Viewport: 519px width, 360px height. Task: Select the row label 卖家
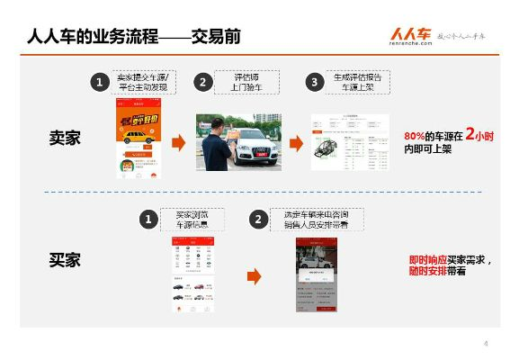(65, 139)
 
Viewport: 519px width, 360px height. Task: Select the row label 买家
(65, 260)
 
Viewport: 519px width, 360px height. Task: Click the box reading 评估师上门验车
(246, 83)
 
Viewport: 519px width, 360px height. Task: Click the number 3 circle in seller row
(314, 83)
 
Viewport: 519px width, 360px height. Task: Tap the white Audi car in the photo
(253, 144)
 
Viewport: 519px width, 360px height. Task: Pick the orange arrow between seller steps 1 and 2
(178, 142)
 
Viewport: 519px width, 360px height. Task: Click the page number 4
(485, 343)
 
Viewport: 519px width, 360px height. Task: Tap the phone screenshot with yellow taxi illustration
(138, 139)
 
